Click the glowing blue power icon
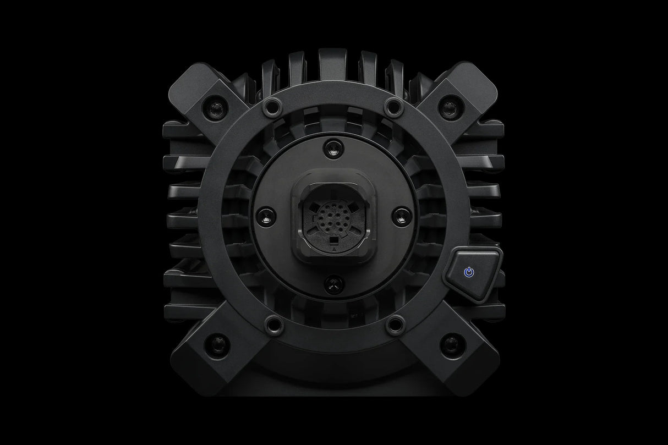click(x=468, y=272)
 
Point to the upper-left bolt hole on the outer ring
click(x=270, y=105)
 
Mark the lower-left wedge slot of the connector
click(x=314, y=231)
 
